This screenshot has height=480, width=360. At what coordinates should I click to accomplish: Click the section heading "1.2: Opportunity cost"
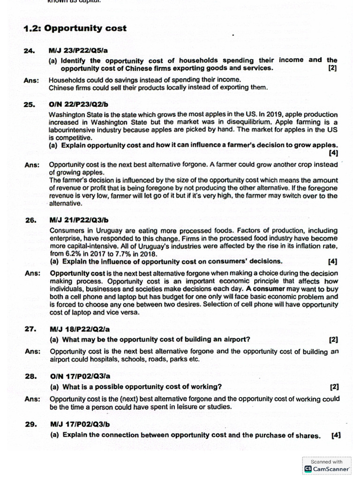(75, 28)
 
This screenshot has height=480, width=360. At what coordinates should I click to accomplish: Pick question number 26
(30, 219)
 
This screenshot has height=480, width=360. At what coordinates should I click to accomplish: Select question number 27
(30, 329)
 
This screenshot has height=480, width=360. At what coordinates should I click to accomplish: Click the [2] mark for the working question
(334, 387)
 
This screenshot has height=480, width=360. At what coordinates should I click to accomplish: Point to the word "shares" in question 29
(309, 435)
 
